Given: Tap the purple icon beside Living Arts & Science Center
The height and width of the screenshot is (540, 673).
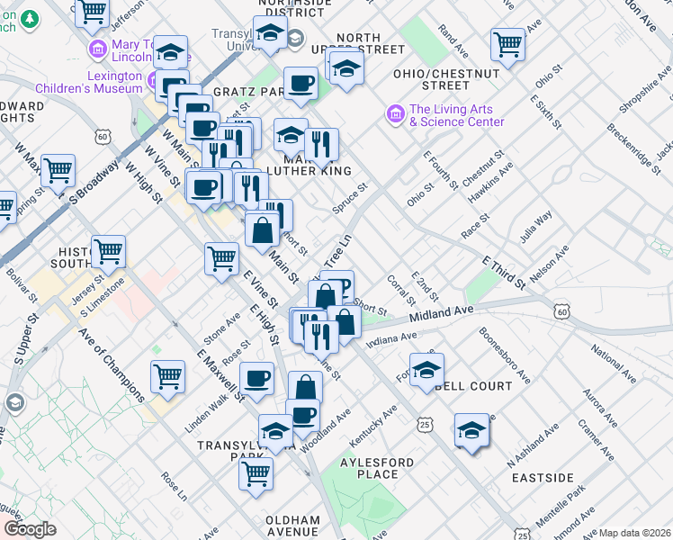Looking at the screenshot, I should click(393, 114).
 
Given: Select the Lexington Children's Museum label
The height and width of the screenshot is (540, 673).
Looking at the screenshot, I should click(89, 82).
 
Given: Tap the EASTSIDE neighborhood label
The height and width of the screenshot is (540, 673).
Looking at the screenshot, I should click(543, 477).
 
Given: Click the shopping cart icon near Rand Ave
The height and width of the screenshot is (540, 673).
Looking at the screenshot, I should click(508, 45).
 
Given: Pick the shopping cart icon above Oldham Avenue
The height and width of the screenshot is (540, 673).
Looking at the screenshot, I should click(256, 472).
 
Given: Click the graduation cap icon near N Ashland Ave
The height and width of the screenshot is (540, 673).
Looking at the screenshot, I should click(471, 429).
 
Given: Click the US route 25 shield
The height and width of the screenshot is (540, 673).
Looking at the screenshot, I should click(423, 423).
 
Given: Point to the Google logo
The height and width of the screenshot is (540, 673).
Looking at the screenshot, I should click(31, 529).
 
